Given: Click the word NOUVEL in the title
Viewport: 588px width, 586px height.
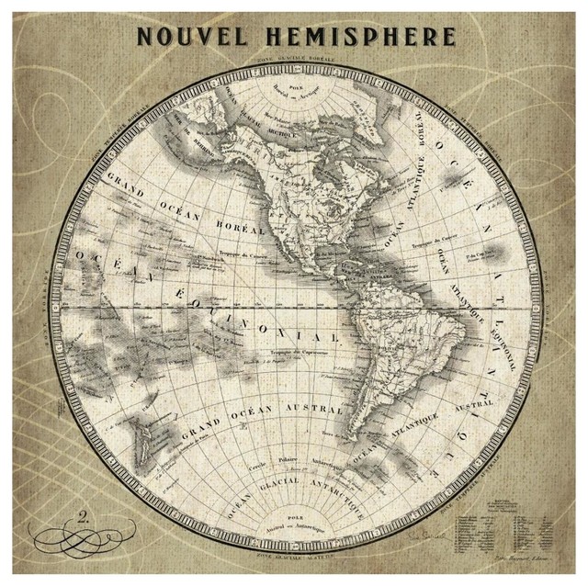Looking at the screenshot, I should (x=190, y=38).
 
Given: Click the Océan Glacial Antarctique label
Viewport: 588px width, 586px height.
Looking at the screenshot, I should (x=303, y=479).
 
